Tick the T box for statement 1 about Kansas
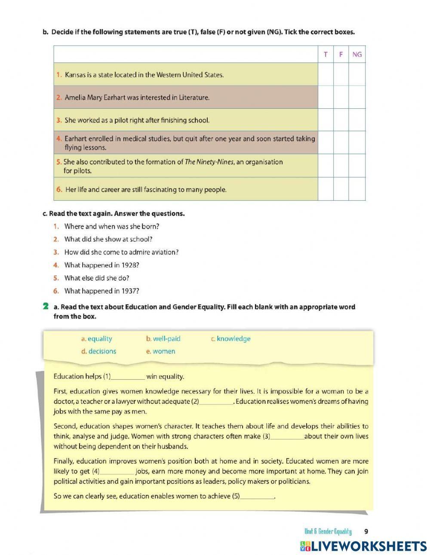(x=326, y=74)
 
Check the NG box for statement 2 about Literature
(x=357, y=97)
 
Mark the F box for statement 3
(x=341, y=120)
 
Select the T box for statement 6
(x=326, y=189)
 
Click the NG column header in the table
(x=357, y=54)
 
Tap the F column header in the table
(x=341, y=54)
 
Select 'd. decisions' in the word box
(x=98, y=351)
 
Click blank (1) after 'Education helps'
(x=128, y=377)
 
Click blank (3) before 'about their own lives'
(x=287, y=437)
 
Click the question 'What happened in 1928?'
(x=101, y=265)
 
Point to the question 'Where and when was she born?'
(x=111, y=226)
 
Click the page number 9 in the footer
(x=366, y=531)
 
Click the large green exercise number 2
(x=46, y=307)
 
